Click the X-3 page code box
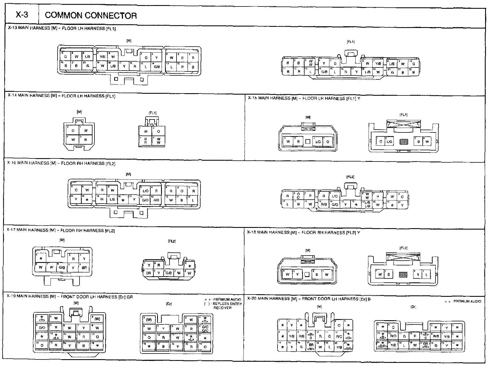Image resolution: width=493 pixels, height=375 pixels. (x=22, y=15)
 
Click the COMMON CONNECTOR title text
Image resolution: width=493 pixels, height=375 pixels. (x=91, y=16)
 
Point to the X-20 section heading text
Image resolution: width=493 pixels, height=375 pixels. (x=309, y=298)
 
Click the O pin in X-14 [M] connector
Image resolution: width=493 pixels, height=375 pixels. (x=73, y=130)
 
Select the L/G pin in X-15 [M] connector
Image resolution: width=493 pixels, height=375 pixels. (x=318, y=141)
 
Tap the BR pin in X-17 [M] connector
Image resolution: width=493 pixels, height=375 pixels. (x=84, y=267)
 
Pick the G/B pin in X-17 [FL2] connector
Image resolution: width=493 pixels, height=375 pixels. (x=169, y=273)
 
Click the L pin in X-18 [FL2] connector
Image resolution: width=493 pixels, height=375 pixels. (x=427, y=274)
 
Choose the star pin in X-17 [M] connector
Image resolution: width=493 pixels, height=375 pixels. (x=41, y=258)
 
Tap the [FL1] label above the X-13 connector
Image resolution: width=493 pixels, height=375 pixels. (x=351, y=42)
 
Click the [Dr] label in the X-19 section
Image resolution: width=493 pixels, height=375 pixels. (x=169, y=304)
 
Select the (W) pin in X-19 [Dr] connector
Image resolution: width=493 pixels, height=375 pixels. (x=149, y=320)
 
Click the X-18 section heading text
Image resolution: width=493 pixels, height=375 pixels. (x=303, y=232)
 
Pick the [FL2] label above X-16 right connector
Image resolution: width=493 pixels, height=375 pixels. (x=350, y=177)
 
